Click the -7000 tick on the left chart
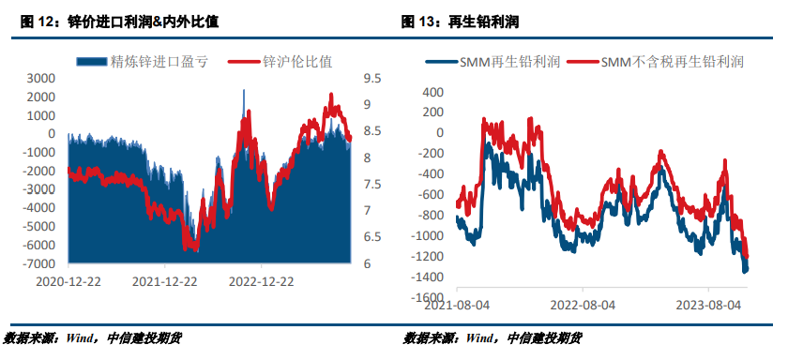[x=38, y=263]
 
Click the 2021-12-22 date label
[x=164, y=280]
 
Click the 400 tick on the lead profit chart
[x=432, y=92]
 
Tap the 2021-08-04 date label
[x=456, y=305]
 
